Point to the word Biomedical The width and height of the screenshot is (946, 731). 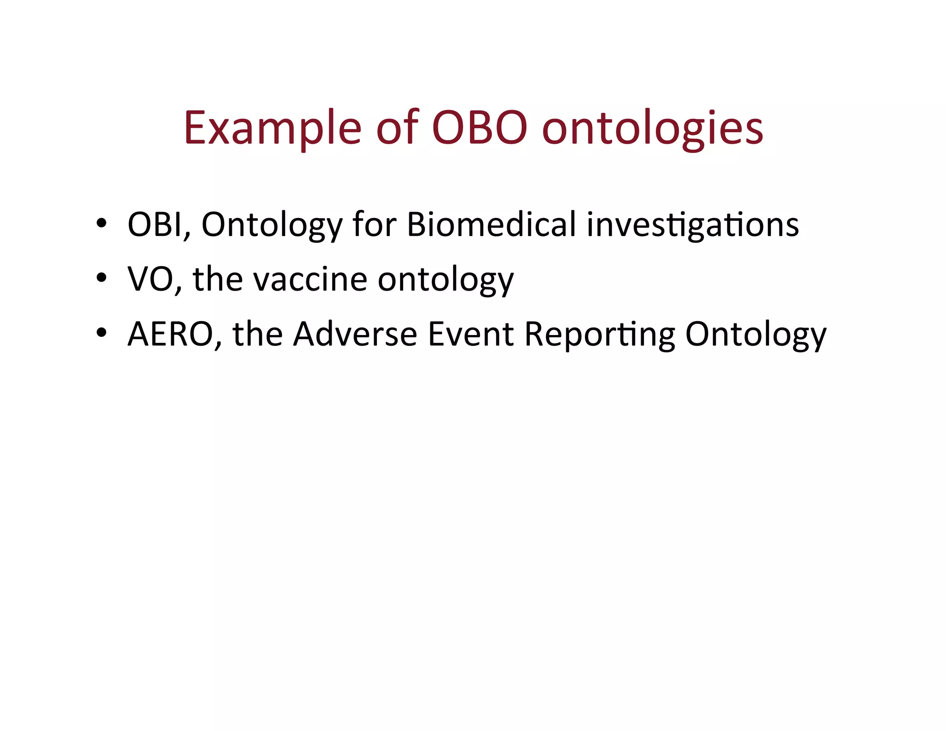tap(491, 224)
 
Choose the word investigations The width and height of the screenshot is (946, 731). tap(692, 225)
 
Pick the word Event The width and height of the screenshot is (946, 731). tap(471, 334)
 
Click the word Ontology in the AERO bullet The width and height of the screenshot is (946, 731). tap(756, 335)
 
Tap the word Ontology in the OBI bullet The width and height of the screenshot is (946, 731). tap(272, 225)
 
